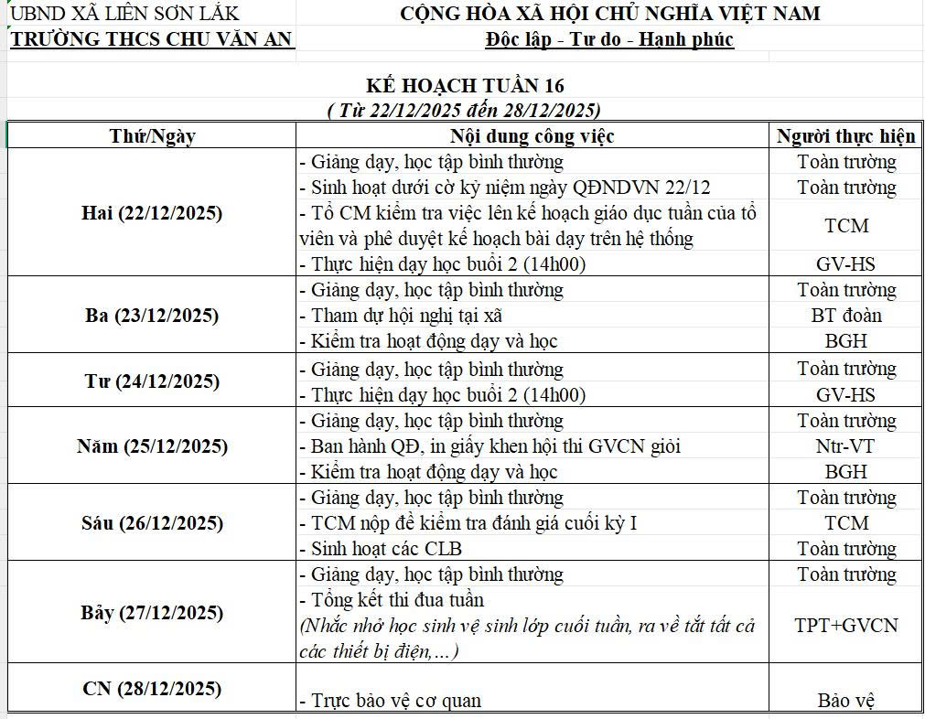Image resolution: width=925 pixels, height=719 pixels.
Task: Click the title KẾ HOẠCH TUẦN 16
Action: [x=465, y=86]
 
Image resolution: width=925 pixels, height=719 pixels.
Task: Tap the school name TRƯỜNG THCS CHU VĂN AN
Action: [x=151, y=38]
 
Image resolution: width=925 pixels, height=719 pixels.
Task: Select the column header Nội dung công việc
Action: [x=532, y=136]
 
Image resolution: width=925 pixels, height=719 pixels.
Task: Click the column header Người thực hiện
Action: [x=845, y=136]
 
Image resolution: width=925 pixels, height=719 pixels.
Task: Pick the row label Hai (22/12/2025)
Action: [x=152, y=213]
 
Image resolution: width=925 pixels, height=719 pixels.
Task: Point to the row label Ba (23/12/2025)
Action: [x=152, y=316]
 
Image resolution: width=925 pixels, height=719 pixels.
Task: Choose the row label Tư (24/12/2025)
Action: [x=152, y=381]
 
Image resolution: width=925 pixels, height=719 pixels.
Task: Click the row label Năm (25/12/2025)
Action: [x=152, y=446]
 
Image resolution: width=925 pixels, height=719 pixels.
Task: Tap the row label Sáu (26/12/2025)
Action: [x=152, y=523]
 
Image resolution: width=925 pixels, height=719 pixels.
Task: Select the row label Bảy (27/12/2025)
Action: [x=152, y=613]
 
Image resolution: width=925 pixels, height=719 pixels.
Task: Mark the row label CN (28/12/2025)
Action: [x=152, y=689]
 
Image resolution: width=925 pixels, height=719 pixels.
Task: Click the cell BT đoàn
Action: [x=846, y=316]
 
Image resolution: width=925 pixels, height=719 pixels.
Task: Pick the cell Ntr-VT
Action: [x=846, y=446]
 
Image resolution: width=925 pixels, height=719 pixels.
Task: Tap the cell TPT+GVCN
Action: [x=846, y=626]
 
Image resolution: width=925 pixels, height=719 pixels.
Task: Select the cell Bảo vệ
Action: [x=846, y=701]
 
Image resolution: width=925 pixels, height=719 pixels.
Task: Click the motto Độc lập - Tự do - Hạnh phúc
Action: [x=610, y=39]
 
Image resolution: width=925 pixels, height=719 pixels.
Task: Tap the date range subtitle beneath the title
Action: [x=464, y=110]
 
